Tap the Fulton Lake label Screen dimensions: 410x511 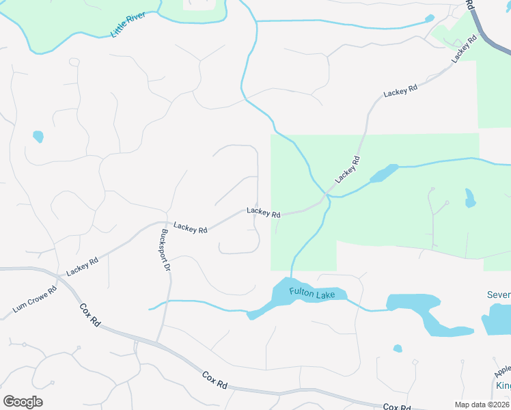pos(312,294)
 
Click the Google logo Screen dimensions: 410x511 pos(23,402)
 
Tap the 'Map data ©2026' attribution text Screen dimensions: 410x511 pos(482,405)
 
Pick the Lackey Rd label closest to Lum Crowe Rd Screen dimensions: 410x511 pos(83,266)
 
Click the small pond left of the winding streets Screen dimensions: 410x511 pos(38,137)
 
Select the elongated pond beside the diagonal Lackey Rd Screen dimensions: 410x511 pos(384,174)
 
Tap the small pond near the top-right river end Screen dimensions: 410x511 pos(429,18)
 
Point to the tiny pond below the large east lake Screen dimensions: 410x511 pos(398,348)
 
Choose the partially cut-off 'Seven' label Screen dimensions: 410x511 pos(499,295)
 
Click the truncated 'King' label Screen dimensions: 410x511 pos(503,386)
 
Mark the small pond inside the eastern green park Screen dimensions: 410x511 pos(469,199)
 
